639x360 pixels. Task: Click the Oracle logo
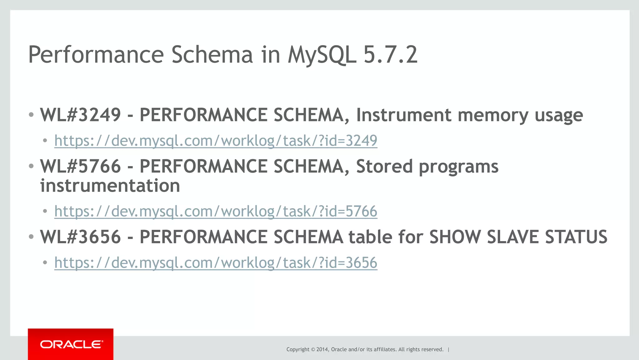tap(71, 344)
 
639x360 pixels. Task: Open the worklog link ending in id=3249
tap(216, 141)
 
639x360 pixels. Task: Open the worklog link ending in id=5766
tap(216, 211)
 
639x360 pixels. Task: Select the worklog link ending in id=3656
tap(216, 263)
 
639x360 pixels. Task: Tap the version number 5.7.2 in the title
tap(390, 55)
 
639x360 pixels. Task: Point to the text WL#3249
tap(80, 115)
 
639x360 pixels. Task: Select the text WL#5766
tap(80, 166)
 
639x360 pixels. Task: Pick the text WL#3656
tap(80, 237)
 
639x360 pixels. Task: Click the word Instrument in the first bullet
tap(404, 115)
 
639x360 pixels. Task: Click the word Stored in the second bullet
tap(384, 166)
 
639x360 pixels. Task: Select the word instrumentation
tap(110, 186)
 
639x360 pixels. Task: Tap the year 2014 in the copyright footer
tap(322, 349)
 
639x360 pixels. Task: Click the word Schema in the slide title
tap(212, 55)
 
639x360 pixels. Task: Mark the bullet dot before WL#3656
tap(31, 237)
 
